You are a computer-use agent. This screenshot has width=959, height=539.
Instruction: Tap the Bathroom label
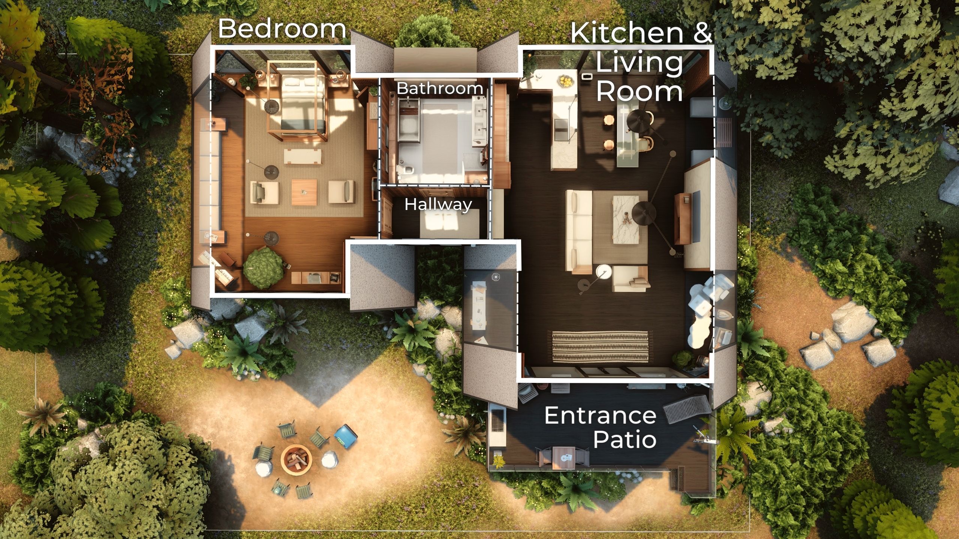pyautogui.click(x=440, y=89)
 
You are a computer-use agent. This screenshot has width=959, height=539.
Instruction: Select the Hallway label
pyautogui.click(x=438, y=205)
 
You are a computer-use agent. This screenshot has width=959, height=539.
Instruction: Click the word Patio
pyautogui.click(x=624, y=439)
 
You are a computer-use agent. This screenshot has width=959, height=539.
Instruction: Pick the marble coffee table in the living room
pyautogui.click(x=625, y=219)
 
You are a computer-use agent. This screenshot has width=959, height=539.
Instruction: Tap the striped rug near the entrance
pyautogui.click(x=600, y=346)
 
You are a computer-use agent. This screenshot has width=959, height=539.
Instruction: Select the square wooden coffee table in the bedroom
pyautogui.click(x=304, y=192)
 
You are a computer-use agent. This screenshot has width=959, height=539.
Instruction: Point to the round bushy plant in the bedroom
pyautogui.click(x=263, y=267)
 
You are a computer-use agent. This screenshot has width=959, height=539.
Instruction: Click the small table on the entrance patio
pyautogui.click(x=564, y=457)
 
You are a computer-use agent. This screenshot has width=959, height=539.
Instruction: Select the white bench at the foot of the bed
pyautogui.click(x=303, y=156)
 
